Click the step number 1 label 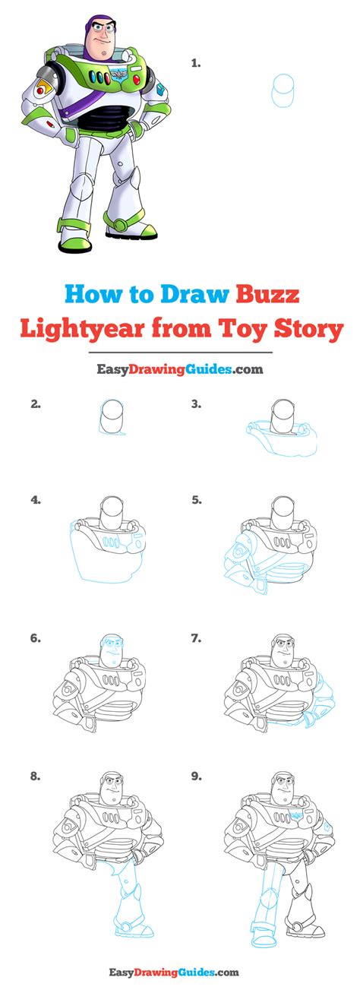(x=195, y=64)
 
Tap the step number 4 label (x=36, y=500)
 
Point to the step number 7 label (x=196, y=638)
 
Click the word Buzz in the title (x=268, y=293)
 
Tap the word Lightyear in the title (x=84, y=330)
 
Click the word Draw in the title (x=195, y=293)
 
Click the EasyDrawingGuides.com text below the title (x=180, y=368)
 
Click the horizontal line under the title (x=181, y=353)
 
